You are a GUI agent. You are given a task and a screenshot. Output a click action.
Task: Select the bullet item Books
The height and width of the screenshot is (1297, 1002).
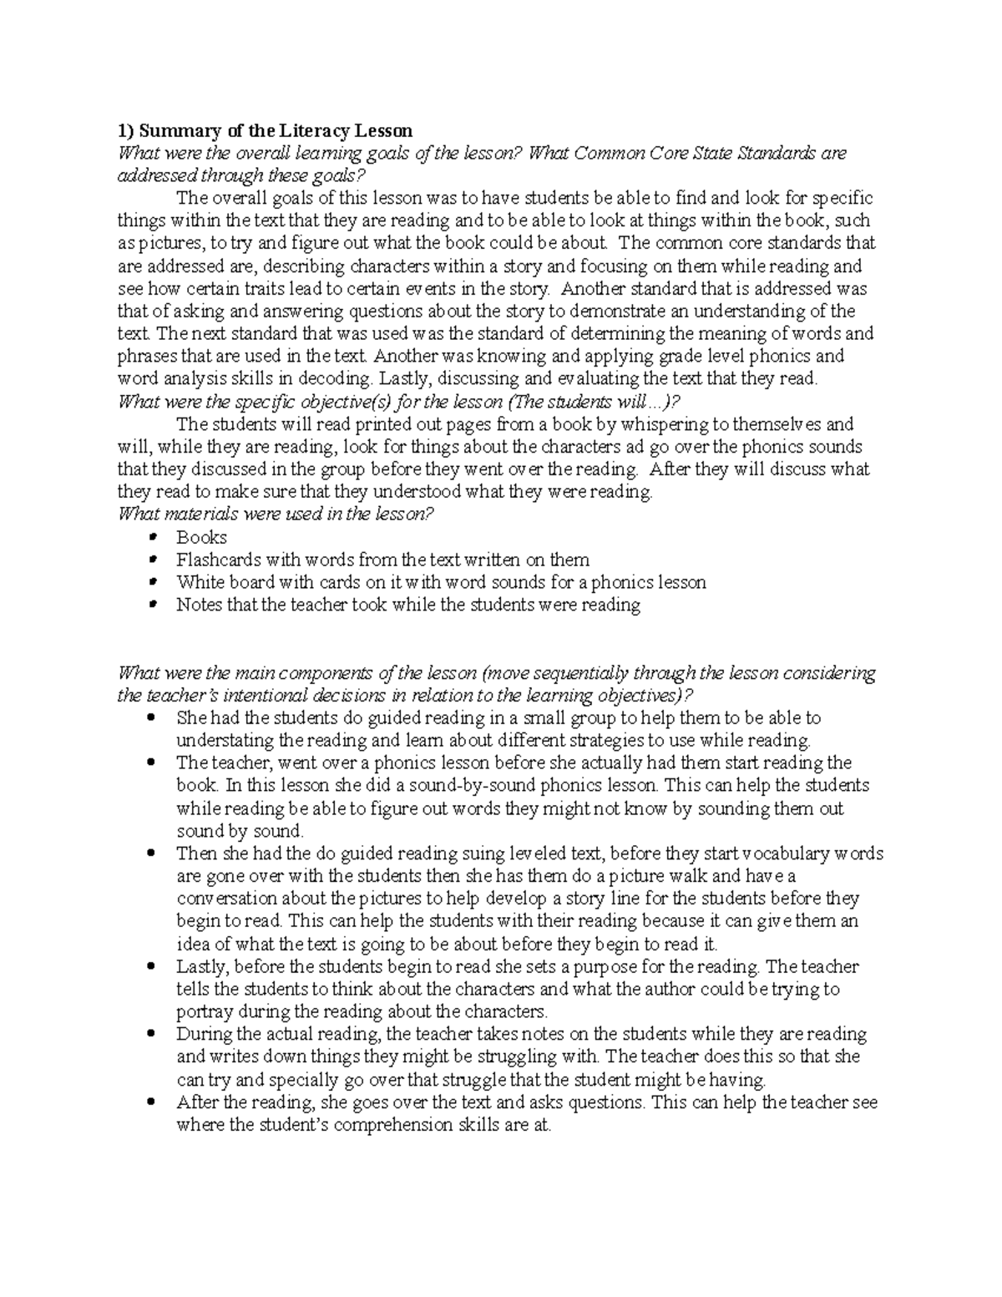[x=201, y=537]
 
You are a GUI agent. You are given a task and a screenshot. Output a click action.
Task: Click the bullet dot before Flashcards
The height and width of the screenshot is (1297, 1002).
[x=151, y=560]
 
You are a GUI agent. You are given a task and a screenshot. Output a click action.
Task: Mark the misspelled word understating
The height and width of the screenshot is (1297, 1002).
[x=225, y=740]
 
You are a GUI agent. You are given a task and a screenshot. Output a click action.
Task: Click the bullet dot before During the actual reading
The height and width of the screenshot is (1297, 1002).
[x=151, y=1034]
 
